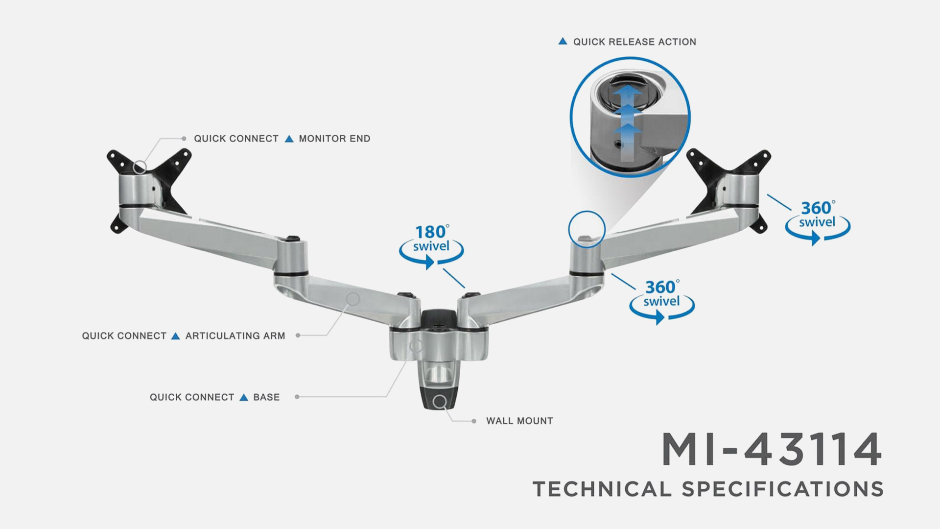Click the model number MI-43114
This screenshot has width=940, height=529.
(x=772, y=449)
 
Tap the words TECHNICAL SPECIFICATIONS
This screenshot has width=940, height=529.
(x=708, y=489)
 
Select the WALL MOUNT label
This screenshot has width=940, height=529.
(x=519, y=421)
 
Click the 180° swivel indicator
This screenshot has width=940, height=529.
(x=431, y=246)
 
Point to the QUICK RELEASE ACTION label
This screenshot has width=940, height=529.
(x=634, y=42)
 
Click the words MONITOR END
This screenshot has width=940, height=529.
(x=334, y=139)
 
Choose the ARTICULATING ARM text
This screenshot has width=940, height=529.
(x=235, y=336)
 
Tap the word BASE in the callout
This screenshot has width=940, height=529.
(x=266, y=397)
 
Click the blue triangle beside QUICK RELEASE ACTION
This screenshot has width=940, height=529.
(x=563, y=42)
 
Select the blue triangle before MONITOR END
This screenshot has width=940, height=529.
(x=289, y=139)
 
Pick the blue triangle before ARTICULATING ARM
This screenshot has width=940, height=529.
(x=176, y=336)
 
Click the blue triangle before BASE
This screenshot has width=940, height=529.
(x=244, y=397)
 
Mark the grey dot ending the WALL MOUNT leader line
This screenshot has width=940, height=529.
(x=474, y=421)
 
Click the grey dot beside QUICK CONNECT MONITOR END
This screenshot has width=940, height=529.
(x=184, y=139)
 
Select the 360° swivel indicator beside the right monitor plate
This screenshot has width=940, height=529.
(x=818, y=222)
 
